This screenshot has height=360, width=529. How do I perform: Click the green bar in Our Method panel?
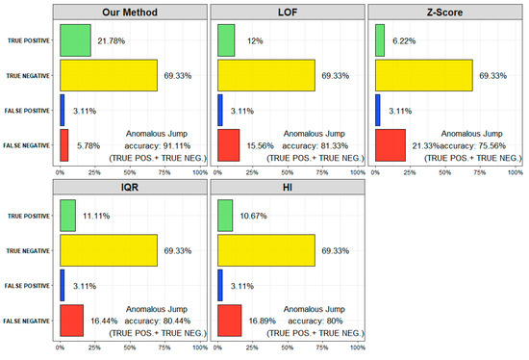(x=75, y=39)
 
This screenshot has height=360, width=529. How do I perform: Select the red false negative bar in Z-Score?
(x=390, y=144)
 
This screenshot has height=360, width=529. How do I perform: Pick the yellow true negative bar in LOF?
(x=266, y=74)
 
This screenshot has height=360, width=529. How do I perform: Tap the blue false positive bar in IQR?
(x=63, y=284)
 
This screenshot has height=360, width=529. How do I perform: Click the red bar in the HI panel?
(x=230, y=320)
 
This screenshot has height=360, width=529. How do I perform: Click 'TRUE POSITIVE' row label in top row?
(x=27, y=40)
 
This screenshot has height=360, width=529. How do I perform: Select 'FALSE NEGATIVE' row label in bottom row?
(x=27, y=320)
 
